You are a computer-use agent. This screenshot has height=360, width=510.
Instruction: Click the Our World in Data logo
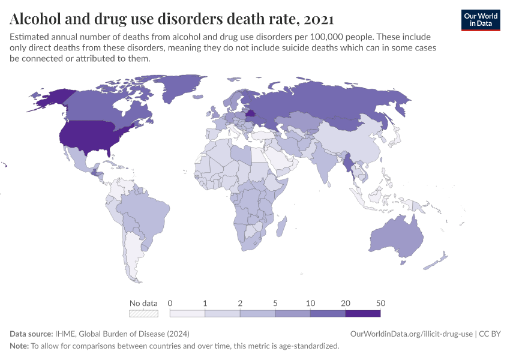(x=480, y=20)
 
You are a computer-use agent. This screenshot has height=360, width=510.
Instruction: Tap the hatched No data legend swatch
(x=143, y=313)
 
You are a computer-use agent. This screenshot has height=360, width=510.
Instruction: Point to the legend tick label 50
(x=380, y=302)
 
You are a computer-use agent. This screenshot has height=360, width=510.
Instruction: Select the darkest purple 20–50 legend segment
(x=362, y=313)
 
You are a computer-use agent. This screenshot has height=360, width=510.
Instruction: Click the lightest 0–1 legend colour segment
(x=187, y=313)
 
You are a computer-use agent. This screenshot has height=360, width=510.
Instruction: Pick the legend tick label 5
(x=275, y=302)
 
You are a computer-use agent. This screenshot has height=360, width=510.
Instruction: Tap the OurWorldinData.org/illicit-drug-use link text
(x=411, y=334)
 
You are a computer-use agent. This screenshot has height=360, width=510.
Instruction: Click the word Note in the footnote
(x=19, y=346)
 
